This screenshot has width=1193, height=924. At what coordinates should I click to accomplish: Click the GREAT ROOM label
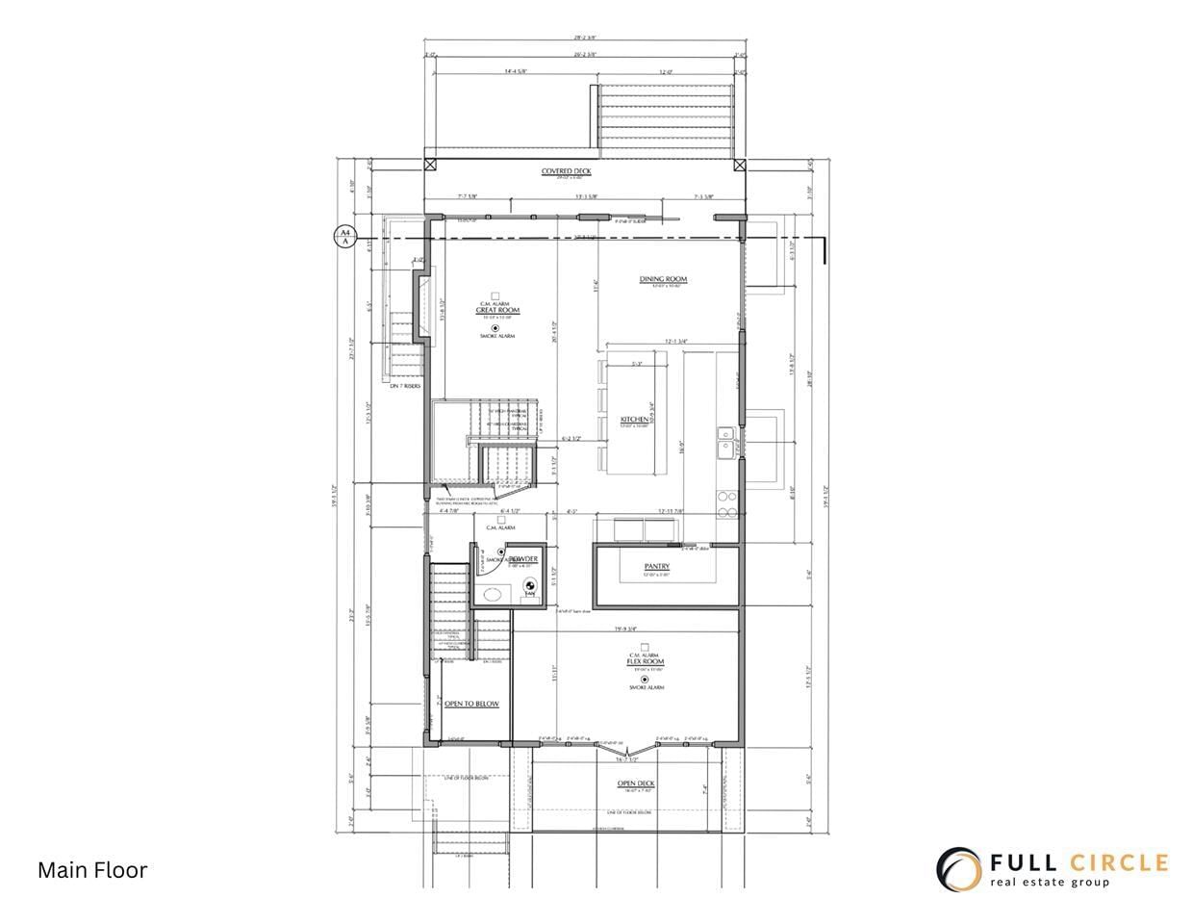click(496, 310)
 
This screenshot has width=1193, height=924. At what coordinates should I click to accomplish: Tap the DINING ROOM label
click(663, 280)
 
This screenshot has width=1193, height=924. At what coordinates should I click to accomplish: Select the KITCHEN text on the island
click(634, 421)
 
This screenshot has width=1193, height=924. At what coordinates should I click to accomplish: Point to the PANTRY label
click(657, 567)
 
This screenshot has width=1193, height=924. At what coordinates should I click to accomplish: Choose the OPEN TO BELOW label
click(471, 705)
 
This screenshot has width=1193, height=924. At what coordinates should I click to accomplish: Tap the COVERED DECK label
click(566, 171)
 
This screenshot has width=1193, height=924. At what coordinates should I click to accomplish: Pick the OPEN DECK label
click(636, 783)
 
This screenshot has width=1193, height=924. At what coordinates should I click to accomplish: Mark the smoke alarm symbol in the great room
click(496, 328)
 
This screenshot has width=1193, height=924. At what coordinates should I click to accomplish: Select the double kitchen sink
click(723, 441)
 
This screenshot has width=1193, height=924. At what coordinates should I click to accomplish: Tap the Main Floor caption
click(92, 870)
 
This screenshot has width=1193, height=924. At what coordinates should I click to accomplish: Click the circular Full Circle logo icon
click(959, 869)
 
